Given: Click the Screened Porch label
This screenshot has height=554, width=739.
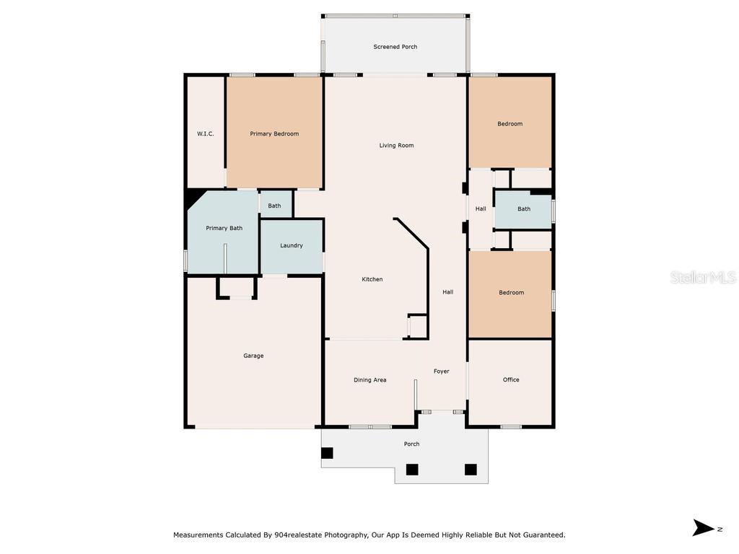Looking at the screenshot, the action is pyautogui.click(x=395, y=47).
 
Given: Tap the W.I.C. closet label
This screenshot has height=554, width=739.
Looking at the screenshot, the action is pyautogui.click(x=206, y=133).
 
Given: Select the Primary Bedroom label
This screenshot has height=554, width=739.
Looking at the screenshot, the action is pyautogui.click(x=274, y=133).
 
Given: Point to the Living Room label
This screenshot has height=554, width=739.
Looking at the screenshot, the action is pyautogui.click(x=396, y=146).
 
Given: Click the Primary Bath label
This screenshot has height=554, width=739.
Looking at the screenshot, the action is pyautogui.click(x=224, y=228).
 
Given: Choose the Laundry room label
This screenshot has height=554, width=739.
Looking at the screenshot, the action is pyautogui.click(x=292, y=245).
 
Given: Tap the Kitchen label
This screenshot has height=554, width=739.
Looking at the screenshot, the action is pyautogui.click(x=372, y=279).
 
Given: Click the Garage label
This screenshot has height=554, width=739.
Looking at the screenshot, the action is pyautogui.click(x=253, y=356).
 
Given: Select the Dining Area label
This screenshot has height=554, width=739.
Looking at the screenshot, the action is pyautogui.click(x=370, y=379).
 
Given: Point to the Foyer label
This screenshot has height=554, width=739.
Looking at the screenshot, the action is pyautogui.click(x=441, y=371).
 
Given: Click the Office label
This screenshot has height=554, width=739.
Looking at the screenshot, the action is pyautogui.click(x=511, y=379).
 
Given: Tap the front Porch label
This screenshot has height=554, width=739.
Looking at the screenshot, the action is pyautogui.click(x=411, y=444).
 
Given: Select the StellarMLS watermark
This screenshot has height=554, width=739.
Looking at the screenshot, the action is pyautogui.click(x=703, y=278).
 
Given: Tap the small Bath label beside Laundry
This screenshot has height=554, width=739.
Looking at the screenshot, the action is pyautogui.click(x=274, y=206).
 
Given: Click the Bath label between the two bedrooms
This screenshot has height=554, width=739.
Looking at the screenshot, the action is pyautogui.click(x=524, y=208).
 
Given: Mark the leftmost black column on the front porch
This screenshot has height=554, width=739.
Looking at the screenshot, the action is pyautogui.click(x=327, y=453).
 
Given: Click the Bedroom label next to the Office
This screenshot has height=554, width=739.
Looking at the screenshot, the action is pyautogui.click(x=512, y=293).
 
